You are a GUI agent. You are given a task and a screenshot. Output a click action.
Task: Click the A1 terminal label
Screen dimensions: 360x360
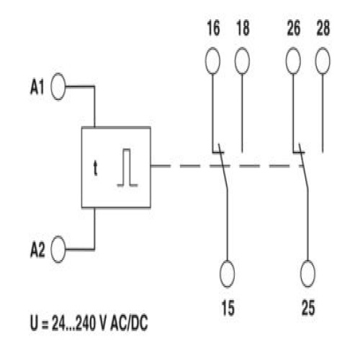coord(37,86)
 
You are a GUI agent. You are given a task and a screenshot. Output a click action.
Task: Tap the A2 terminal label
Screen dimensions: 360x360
coord(37,250)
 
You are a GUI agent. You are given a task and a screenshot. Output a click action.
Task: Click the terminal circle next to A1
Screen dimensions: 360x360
coord(58,86)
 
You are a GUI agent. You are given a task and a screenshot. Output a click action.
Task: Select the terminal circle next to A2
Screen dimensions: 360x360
coord(58,249)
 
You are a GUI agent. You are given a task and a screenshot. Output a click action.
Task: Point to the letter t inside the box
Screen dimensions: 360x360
coord(96,168)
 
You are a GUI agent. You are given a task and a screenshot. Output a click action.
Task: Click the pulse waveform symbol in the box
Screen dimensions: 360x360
coord(127,168)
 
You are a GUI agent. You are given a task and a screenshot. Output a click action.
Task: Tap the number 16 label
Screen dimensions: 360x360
coord(213,28)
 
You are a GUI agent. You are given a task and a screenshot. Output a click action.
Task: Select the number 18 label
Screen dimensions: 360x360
coord(243,28)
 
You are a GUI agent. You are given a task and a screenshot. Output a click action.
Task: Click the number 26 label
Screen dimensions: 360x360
coord(294,28)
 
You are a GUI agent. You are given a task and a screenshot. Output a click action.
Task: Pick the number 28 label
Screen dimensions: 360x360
coord(323,28)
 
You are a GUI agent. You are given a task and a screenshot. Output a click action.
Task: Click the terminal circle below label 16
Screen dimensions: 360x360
coord(212,60)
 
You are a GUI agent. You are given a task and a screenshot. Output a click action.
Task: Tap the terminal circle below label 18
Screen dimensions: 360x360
coord(242,60)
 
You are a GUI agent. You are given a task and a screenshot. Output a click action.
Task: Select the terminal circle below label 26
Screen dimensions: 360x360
coord(293,60)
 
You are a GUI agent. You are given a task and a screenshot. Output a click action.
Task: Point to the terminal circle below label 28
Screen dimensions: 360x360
coord(323,60)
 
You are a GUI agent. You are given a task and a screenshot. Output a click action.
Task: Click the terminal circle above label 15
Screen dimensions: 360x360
coord(227,274)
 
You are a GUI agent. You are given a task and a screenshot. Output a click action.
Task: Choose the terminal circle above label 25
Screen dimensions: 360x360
coord(308,274)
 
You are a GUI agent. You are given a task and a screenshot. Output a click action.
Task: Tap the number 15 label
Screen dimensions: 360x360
coord(228,307)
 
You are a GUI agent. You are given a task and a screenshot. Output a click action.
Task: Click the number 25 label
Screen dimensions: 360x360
coord(308,307)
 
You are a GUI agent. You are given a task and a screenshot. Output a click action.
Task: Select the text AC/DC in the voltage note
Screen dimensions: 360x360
coord(129,323)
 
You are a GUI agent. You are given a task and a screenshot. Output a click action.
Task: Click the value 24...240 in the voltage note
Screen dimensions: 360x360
coord(73,323)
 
